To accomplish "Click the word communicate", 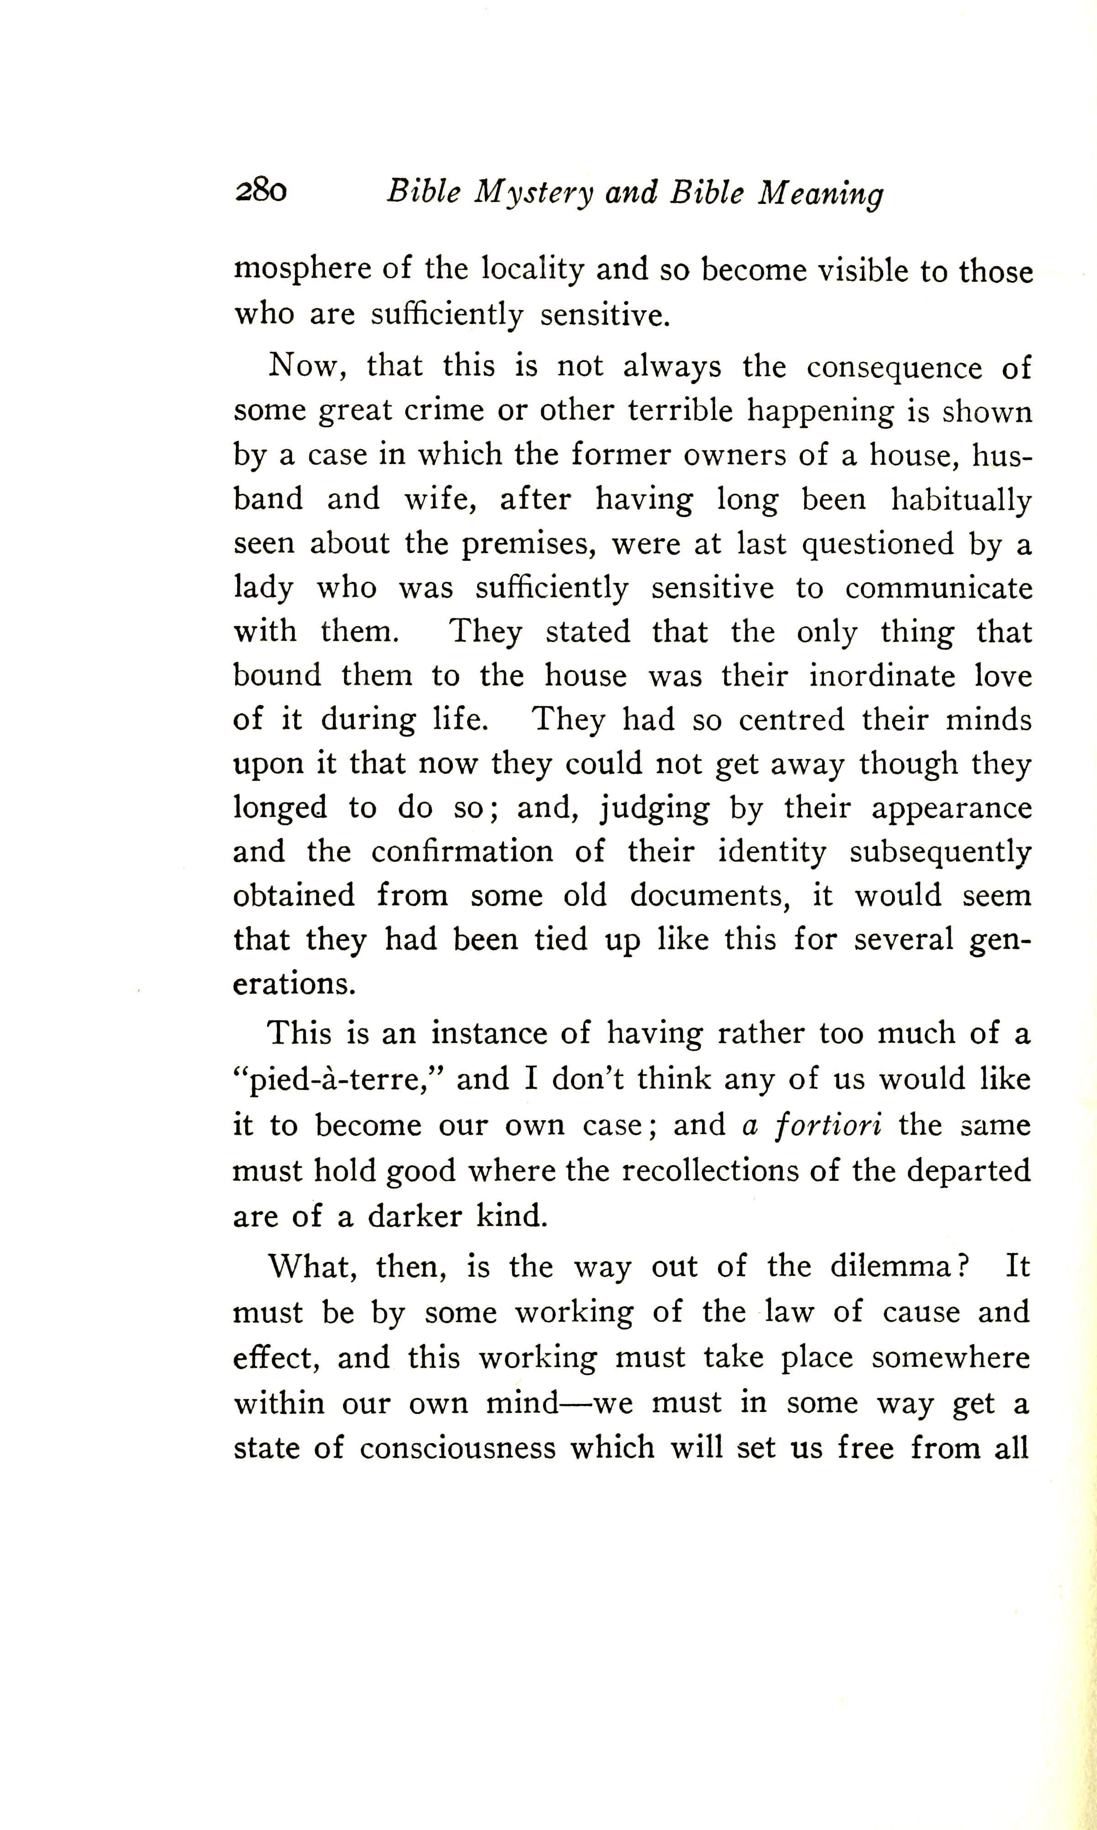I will point(939,588).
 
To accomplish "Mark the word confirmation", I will point(462,852).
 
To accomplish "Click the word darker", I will point(416,1217).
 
